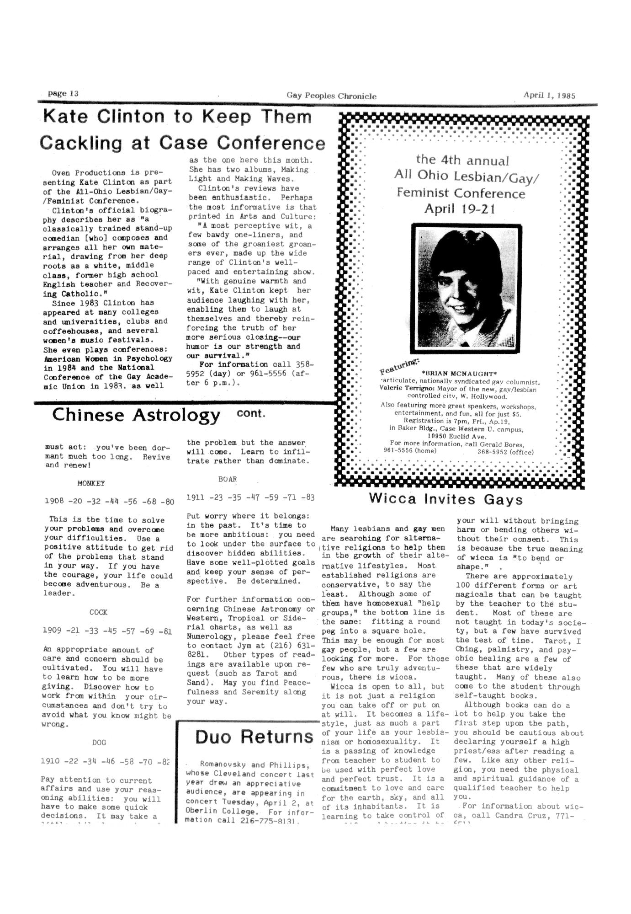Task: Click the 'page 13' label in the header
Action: [64, 94]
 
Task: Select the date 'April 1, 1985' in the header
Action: [549, 96]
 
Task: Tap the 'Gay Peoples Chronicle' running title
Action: [331, 96]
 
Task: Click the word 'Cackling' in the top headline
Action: [80, 143]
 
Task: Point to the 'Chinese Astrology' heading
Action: [136, 415]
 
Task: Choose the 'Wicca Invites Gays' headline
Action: [445, 499]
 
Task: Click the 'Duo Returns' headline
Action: [254, 737]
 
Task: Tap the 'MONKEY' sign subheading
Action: [91, 483]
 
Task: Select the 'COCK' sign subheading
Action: [98, 612]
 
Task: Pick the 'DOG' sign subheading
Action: [99, 743]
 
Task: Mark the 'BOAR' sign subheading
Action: [228, 479]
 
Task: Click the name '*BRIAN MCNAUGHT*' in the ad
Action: [460, 374]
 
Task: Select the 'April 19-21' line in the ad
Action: [460, 209]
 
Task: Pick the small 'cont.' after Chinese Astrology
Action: [251, 413]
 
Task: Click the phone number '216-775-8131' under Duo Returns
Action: [268, 820]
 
